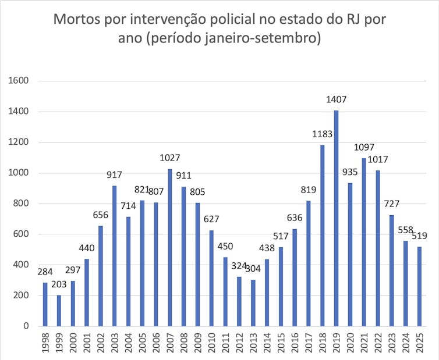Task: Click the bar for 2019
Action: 336,218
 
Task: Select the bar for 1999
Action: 59,311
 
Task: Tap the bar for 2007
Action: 170,247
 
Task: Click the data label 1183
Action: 322,134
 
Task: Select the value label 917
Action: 115,175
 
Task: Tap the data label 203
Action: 59,284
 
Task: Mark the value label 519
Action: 419,236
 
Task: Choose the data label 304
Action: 253,269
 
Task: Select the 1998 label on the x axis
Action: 45,343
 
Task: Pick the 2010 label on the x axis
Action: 212,343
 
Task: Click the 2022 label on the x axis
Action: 378,343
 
